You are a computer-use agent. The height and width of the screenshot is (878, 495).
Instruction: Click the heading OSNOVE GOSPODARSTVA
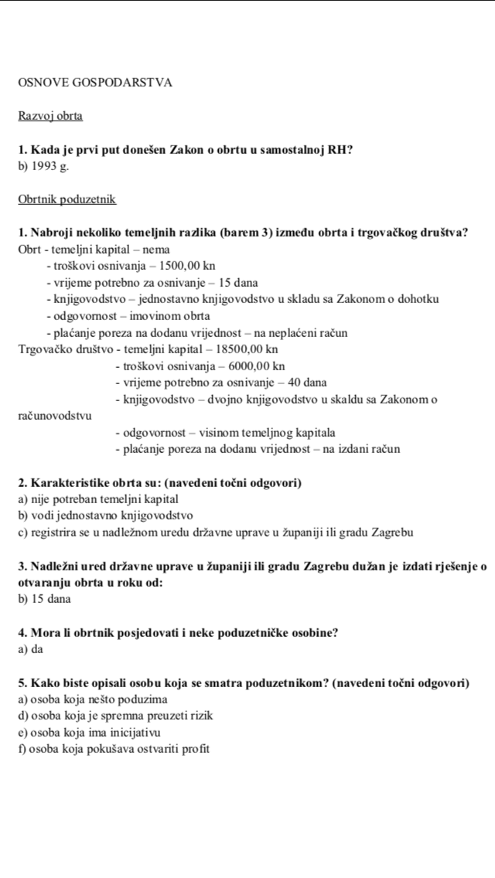pos(94,82)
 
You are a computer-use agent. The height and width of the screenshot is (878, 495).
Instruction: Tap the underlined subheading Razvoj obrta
pos(50,117)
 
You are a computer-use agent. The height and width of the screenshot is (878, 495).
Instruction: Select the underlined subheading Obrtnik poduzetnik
pos(67,199)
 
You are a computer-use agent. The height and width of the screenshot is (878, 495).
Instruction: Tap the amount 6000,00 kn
pos(254,366)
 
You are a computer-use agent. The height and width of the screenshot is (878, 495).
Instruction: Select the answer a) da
pos(29,649)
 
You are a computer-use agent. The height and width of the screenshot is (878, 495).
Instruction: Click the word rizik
pos(198,716)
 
